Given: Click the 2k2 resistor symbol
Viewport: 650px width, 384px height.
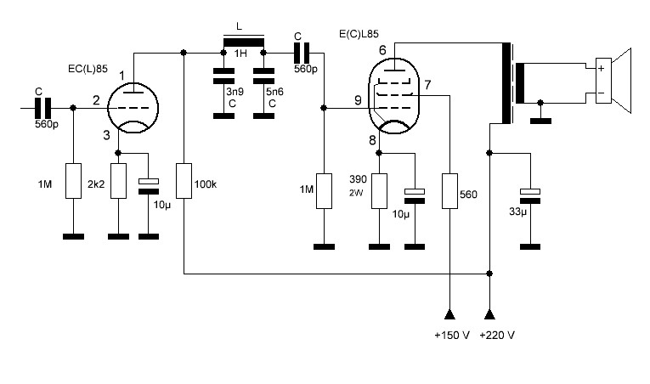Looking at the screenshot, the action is [119, 181].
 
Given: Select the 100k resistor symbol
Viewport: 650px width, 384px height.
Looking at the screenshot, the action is [184, 181].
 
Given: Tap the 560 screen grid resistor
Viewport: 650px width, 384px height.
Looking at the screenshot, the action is [449, 191].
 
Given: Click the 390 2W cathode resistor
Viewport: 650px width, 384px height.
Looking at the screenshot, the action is [379, 191].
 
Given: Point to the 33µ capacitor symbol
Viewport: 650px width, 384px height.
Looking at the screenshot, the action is [530, 196].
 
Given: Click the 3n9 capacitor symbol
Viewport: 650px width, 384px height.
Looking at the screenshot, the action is [223, 76].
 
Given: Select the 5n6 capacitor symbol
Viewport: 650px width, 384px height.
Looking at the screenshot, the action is [263, 76].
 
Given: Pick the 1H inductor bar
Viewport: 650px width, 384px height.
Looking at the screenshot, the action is [244, 42].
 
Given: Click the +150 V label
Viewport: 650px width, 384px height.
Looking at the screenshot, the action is [452, 335].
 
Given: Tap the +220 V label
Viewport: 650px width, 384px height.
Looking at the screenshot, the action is [497, 335].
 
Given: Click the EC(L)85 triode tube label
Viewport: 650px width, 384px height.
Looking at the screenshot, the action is [88, 69].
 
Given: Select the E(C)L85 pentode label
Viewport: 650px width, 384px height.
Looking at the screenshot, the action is [359, 34].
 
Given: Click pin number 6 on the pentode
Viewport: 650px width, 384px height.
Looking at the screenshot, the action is [382, 50].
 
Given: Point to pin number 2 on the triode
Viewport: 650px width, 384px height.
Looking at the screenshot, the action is [96, 100].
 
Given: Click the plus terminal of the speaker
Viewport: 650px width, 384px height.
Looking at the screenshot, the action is [602, 69].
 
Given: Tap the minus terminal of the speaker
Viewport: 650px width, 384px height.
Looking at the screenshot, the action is [602, 93].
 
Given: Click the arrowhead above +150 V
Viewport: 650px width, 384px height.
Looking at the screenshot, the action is [449, 314].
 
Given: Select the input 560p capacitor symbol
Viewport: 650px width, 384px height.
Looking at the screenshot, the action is [42, 108].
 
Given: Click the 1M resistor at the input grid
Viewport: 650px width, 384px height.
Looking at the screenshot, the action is [73, 181].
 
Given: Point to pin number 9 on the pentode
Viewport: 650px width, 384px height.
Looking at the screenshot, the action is [358, 100].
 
